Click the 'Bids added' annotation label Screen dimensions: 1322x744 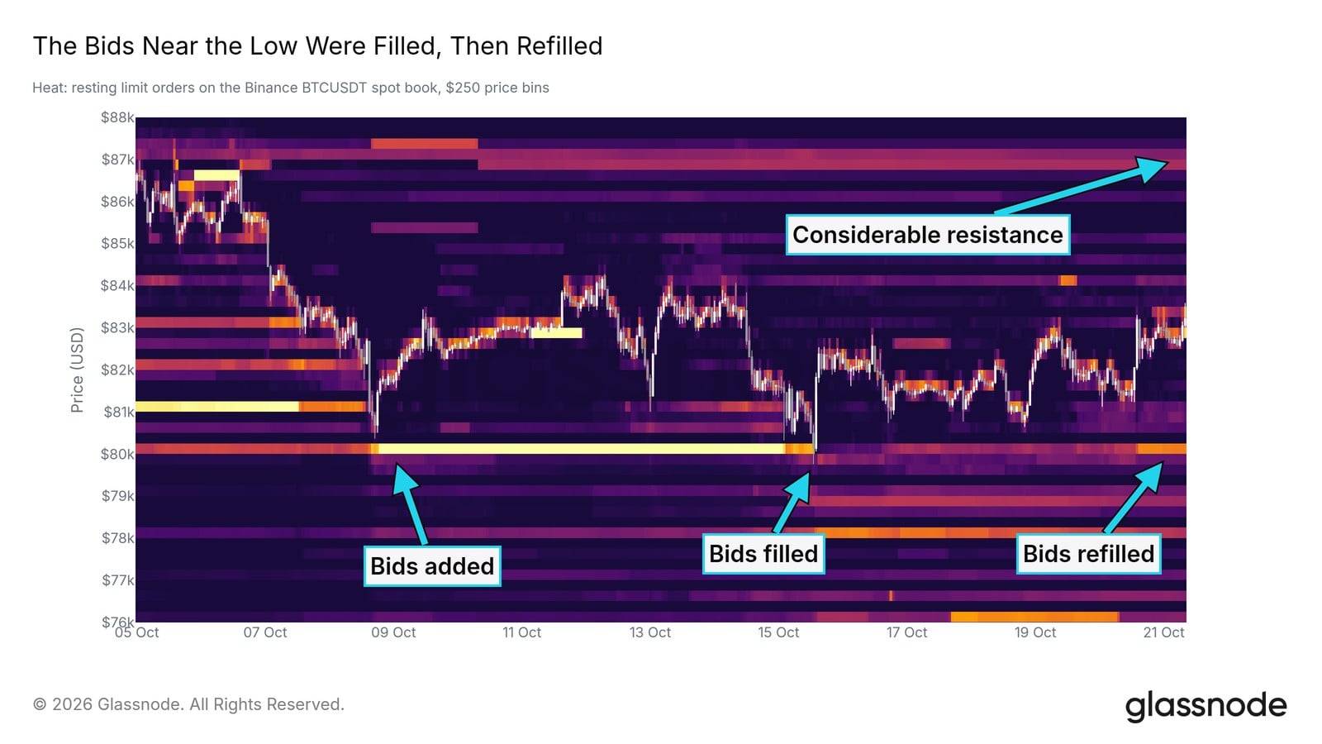tap(432, 565)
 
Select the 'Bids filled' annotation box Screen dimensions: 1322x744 tap(763, 553)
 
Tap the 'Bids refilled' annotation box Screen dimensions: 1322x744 tap(1088, 553)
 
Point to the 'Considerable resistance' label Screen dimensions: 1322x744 tap(928, 235)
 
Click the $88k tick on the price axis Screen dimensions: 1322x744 tap(117, 117)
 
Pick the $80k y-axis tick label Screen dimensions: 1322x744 tap(117, 454)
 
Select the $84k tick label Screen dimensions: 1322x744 tap(117, 286)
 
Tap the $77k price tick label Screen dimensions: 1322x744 tap(117, 579)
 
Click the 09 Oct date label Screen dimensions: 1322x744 tap(393, 632)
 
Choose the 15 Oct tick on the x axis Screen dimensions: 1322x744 tap(778, 632)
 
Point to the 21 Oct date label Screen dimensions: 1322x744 tap(1164, 632)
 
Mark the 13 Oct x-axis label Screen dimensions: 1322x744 tap(650, 632)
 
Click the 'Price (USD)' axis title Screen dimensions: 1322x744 tap(77, 370)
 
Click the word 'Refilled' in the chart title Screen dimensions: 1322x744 tap(559, 46)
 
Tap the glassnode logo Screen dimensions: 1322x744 tap(1205, 706)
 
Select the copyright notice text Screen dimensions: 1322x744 tap(188, 704)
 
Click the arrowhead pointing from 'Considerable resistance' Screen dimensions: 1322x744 tap(1152, 168)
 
